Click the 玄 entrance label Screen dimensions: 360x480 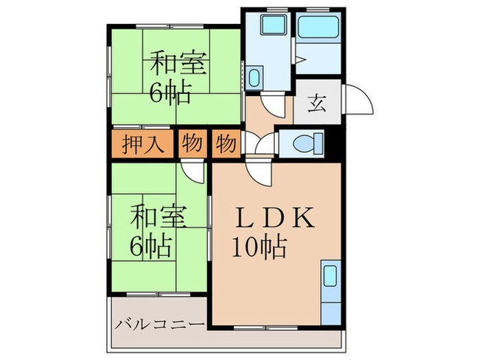(x=317, y=105)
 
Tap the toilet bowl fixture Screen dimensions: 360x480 (x=306, y=144)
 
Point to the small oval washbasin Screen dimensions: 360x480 (x=254, y=77)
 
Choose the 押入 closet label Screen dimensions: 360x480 (x=141, y=145)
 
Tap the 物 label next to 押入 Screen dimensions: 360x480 (x=193, y=145)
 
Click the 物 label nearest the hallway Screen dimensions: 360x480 (x=225, y=145)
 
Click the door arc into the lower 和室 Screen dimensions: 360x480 (x=194, y=172)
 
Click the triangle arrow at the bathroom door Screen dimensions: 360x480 (x=300, y=60)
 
